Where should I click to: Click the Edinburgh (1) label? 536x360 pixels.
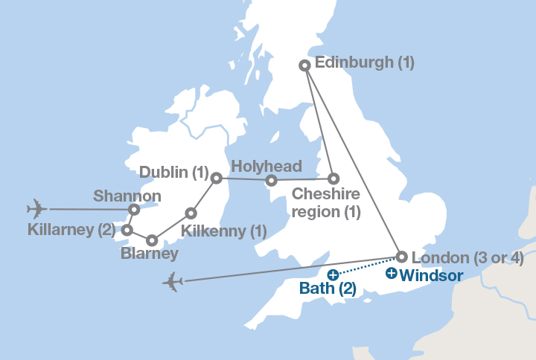(364, 63)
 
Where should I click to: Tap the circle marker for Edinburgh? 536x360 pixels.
(304, 65)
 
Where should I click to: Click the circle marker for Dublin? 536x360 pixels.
(217, 178)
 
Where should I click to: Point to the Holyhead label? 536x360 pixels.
(266, 166)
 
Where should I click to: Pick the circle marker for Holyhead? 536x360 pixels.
(272, 180)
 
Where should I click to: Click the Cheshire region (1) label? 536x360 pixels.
(327, 203)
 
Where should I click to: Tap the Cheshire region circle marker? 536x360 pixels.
(334, 179)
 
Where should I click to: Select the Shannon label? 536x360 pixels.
(127, 196)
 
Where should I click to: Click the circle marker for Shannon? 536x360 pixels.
(134, 210)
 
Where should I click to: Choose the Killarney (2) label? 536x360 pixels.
(71, 229)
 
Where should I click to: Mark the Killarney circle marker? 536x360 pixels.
(127, 230)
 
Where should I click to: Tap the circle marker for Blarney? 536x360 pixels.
(152, 240)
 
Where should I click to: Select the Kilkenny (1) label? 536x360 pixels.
(223, 231)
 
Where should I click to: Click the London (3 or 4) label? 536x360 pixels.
(468, 258)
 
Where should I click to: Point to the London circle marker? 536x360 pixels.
(401, 257)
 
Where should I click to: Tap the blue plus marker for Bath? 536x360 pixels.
(332, 274)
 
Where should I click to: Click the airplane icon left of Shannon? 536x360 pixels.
(36, 208)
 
